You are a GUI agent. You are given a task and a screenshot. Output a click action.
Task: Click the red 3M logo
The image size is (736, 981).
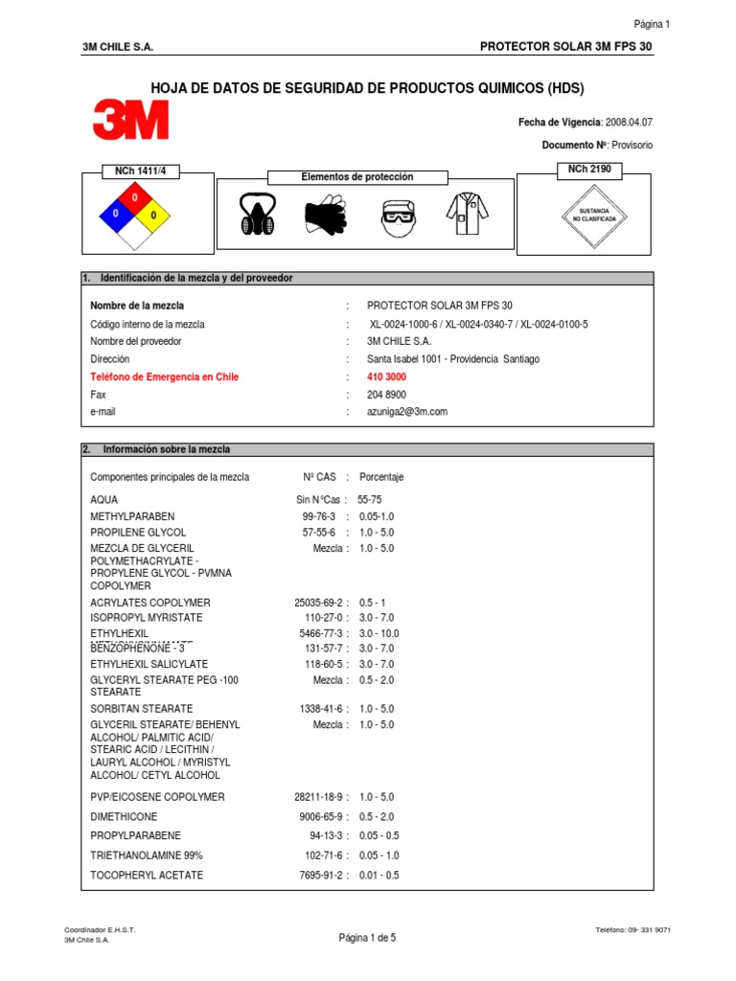[130, 121]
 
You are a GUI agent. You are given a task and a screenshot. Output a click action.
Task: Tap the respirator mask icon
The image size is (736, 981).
[258, 215]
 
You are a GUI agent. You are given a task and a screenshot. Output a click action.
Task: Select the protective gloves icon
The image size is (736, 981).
[326, 216]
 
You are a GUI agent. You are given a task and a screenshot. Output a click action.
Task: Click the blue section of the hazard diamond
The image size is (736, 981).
[116, 214]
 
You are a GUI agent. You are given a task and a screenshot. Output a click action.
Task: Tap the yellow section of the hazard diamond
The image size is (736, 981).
[152, 214]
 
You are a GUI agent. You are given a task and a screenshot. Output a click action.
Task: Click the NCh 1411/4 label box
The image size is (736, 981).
[140, 171]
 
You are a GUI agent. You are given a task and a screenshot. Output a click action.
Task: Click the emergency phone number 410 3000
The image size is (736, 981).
[386, 376]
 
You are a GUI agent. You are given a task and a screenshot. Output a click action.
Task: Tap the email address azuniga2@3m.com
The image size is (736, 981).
[407, 411]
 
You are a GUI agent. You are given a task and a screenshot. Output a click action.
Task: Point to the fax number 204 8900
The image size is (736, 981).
[386, 394]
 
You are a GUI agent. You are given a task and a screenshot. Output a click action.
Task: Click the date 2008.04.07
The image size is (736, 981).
[630, 123]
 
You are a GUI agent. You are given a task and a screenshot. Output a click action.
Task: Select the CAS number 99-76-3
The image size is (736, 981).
[320, 516]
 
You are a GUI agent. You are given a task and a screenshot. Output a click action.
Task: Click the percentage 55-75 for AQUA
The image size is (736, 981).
[369, 499]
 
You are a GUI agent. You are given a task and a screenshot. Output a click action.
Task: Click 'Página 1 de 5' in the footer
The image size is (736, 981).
[367, 938]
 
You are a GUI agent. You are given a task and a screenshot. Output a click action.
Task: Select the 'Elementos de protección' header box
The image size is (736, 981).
[356, 177]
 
